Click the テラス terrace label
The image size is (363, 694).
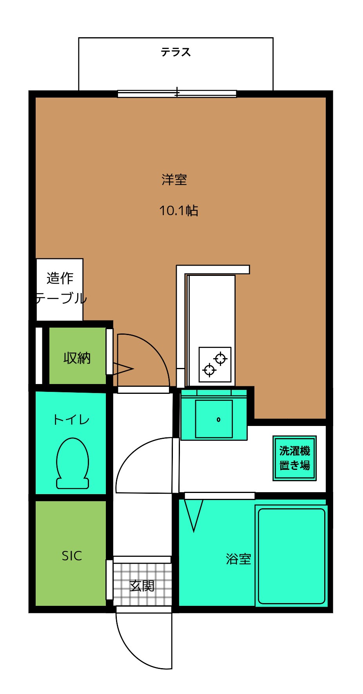pos(176,52)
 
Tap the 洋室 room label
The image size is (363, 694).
pos(174,180)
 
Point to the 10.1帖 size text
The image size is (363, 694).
pos(179,211)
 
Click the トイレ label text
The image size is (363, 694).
pos(71,420)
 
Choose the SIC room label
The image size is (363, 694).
pos(72,556)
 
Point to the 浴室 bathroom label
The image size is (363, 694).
pos(238,559)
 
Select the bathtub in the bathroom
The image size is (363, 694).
pos(291,556)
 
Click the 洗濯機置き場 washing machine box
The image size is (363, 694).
pos(294,458)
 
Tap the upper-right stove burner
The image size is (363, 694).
pos(221,358)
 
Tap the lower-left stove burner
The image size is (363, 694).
pos(209,370)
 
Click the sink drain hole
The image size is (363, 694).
pos(218,420)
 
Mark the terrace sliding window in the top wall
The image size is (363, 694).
pos(177,94)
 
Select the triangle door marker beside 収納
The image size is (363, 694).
pos(123,369)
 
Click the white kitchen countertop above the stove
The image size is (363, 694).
pos(212,310)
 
